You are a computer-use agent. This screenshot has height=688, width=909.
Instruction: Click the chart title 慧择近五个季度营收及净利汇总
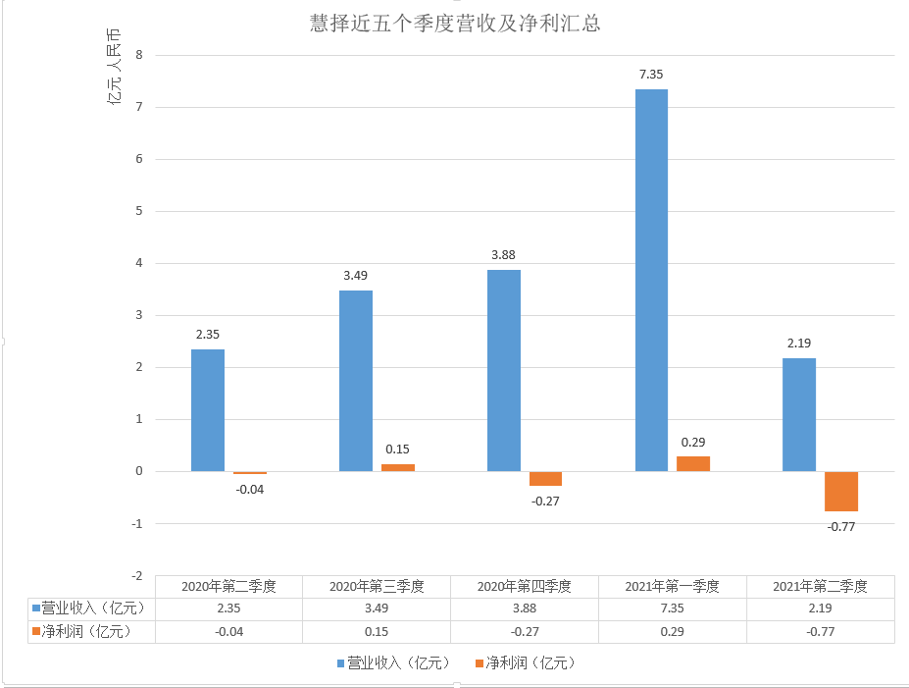coord(454,25)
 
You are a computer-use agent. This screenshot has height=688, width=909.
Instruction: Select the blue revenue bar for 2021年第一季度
coord(651,280)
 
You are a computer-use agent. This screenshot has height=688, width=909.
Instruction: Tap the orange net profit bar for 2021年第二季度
coord(840,491)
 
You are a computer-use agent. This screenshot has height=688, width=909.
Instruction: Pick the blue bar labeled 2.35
coord(207,410)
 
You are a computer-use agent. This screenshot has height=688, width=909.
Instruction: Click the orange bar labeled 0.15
coord(397,467)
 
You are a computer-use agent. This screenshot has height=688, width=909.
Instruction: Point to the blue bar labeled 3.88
coord(503,370)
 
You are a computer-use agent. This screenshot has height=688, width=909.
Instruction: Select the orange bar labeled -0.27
coord(545,478)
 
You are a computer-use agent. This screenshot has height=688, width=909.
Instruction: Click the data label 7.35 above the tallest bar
coord(651,74)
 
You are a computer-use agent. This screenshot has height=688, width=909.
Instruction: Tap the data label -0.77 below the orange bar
coord(841,527)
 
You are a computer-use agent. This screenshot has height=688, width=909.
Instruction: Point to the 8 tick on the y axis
coord(139,55)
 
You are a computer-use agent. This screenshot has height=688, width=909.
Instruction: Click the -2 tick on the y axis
coord(136,575)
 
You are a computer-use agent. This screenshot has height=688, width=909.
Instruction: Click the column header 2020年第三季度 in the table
coord(377,587)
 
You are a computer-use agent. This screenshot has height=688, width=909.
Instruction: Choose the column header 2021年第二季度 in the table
coord(820,587)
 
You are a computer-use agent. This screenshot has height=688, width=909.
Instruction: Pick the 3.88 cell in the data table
coord(524,609)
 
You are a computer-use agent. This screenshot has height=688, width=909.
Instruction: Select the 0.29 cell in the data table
coord(672,632)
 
